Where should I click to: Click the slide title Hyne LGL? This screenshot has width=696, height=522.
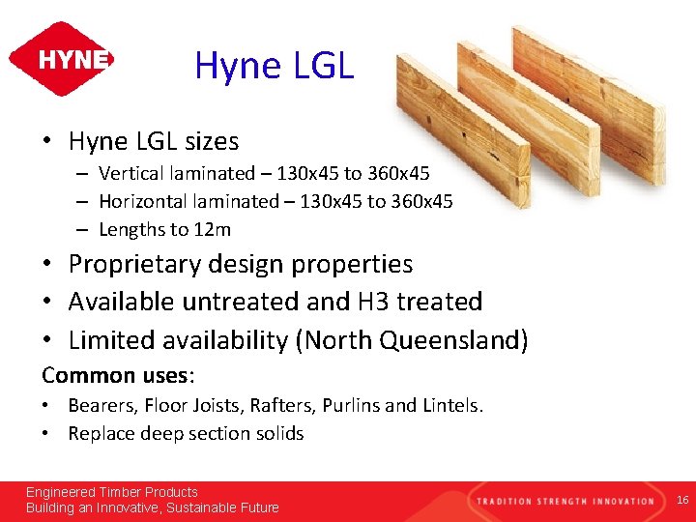point(275,66)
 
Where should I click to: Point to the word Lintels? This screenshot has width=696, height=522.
point(451,406)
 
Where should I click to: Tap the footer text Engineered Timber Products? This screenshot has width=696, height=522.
point(111,492)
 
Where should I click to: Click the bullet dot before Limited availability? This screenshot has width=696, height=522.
point(46,341)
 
